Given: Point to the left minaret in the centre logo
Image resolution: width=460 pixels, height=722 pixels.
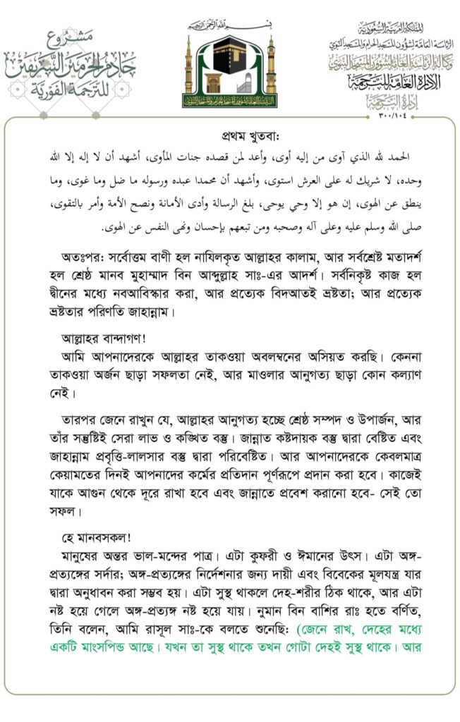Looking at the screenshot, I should coord(189,71).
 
